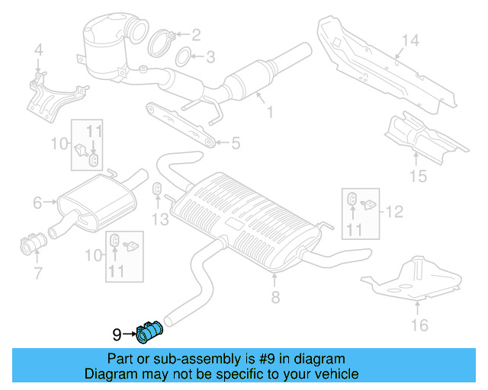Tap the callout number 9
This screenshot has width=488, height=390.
click(117, 334)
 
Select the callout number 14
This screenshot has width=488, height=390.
click(410, 40)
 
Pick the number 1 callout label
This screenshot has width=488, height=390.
click(269, 113)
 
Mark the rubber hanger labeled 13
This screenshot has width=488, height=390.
click(157, 190)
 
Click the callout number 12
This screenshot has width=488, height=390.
click(393, 211)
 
